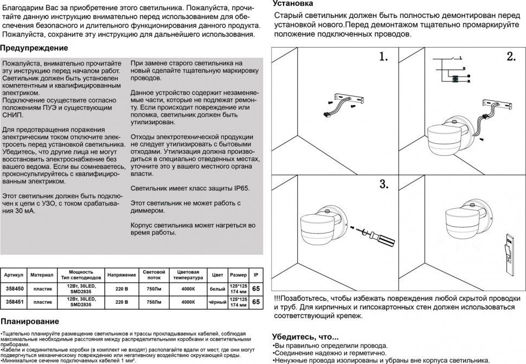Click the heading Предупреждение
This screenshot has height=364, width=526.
[x=30, y=48]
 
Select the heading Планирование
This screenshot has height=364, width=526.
[x=30, y=321]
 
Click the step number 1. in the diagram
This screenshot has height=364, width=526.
[x=384, y=57]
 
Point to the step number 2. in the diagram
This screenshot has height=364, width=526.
[x=511, y=57]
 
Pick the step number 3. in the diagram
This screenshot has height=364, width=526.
[x=384, y=183]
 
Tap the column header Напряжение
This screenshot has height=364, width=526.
[x=118, y=275]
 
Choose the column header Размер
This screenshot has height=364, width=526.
[x=238, y=275]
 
